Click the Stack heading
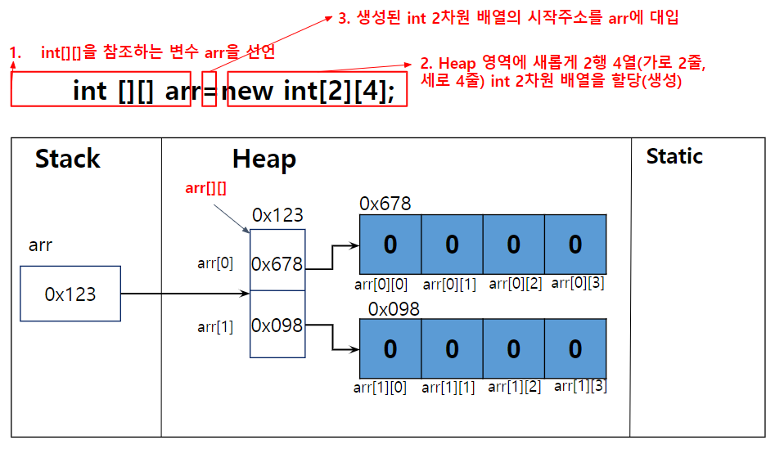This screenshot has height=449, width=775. click(68, 159)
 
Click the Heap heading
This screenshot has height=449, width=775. click(264, 159)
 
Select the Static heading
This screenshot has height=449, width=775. click(674, 156)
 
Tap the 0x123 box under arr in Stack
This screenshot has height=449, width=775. click(70, 294)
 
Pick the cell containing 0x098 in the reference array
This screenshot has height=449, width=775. click(277, 325)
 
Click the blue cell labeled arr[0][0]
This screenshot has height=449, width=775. click(390, 244)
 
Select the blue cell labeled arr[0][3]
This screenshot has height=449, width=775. click(575, 244)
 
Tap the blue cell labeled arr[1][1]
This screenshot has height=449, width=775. click(452, 348)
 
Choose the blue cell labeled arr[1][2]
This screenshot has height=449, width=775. click(513, 348)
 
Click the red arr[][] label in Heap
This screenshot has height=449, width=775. click(206, 189)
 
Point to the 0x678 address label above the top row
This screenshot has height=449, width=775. click(385, 204)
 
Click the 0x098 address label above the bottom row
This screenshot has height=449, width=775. click(394, 309)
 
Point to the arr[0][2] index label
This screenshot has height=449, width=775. click(515, 284)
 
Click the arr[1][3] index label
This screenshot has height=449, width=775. click(580, 386)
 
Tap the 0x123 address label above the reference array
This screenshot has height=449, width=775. click(277, 216)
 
